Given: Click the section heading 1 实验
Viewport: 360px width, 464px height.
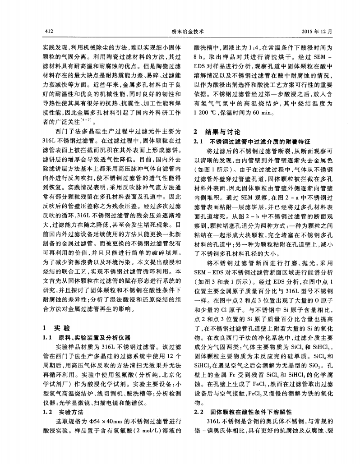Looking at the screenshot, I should pos(50,327).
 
